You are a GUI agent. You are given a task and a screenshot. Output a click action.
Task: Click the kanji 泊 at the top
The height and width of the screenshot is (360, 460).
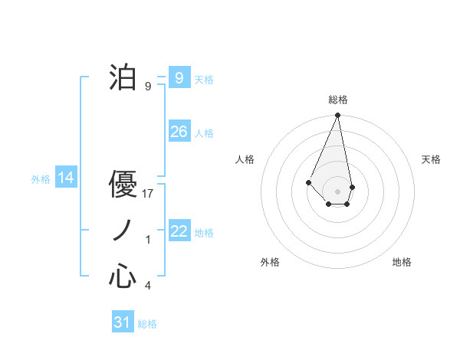(123, 78)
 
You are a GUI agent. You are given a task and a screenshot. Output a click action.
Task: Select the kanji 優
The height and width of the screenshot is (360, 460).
(123, 185)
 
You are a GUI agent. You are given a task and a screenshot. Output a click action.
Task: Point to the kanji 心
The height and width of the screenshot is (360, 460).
(123, 277)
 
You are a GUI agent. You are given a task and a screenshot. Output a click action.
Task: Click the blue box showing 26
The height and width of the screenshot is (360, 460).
(179, 132)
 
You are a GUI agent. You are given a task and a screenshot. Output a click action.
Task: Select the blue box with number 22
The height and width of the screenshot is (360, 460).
(179, 231)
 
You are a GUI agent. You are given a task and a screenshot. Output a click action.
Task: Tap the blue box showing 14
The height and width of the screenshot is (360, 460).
(65, 178)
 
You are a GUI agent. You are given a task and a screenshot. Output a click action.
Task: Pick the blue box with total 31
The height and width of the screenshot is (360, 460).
(123, 322)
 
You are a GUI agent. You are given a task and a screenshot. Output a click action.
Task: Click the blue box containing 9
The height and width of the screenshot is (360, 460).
(179, 78)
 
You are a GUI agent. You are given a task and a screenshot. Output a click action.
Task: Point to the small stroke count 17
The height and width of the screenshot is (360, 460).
(149, 194)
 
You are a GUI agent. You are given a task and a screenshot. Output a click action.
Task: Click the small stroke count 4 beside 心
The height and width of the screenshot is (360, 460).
(148, 286)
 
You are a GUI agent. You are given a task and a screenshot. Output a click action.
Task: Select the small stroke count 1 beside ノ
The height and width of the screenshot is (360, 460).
(148, 240)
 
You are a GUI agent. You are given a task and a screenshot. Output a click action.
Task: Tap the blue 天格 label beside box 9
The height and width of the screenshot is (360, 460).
(204, 79)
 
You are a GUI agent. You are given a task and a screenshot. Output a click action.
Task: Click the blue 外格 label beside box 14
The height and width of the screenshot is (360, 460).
(41, 179)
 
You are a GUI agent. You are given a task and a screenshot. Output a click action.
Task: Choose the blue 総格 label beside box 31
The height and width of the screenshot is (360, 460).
(147, 323)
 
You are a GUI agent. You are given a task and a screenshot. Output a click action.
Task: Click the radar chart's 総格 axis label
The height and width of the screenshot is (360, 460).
(337, 100)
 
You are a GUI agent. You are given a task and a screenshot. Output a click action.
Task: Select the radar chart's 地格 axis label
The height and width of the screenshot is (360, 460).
(402, 262)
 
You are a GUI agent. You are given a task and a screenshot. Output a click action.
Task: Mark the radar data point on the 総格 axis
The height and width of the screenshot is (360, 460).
(337, 116)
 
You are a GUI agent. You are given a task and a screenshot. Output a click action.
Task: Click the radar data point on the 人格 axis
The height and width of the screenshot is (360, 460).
(308, 182)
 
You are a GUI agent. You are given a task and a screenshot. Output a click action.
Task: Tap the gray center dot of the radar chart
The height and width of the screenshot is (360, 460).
(337, 191)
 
